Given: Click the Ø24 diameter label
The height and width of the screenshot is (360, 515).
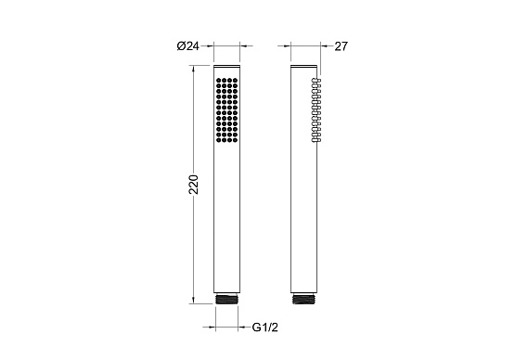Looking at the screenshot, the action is tap(187, 46).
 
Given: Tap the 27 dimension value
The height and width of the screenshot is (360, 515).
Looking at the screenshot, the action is tap(341, 46).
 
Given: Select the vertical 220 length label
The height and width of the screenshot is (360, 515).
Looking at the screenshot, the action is tap(194, 185).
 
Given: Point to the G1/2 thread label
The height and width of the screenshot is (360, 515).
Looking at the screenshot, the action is tap(265, 328).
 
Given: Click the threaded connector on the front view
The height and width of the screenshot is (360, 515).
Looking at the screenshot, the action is tap(226, 299).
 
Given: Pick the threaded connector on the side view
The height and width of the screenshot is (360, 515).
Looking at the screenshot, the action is tap(303, 299).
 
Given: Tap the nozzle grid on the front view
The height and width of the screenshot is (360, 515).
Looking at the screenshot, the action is tap(226, 110).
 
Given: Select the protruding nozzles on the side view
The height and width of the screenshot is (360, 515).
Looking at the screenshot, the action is tap(316, 110).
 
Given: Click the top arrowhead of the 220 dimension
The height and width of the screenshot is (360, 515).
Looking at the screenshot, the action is tap(193, 69).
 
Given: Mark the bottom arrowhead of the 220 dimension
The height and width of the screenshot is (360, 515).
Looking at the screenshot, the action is tap(193, 301).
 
